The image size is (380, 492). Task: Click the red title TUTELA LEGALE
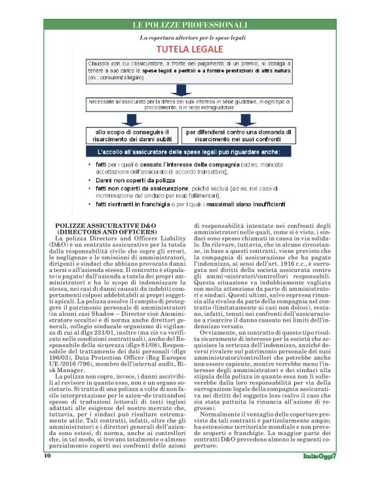pyautogui.click(x=189, y=50)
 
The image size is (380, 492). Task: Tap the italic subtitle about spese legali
pyautogui.click(x=190, y=38)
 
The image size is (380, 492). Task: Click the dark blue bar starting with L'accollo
pyautogui.click(x=188, y=152)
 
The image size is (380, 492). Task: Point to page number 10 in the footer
pyautogui.click(x=48, y=474)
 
